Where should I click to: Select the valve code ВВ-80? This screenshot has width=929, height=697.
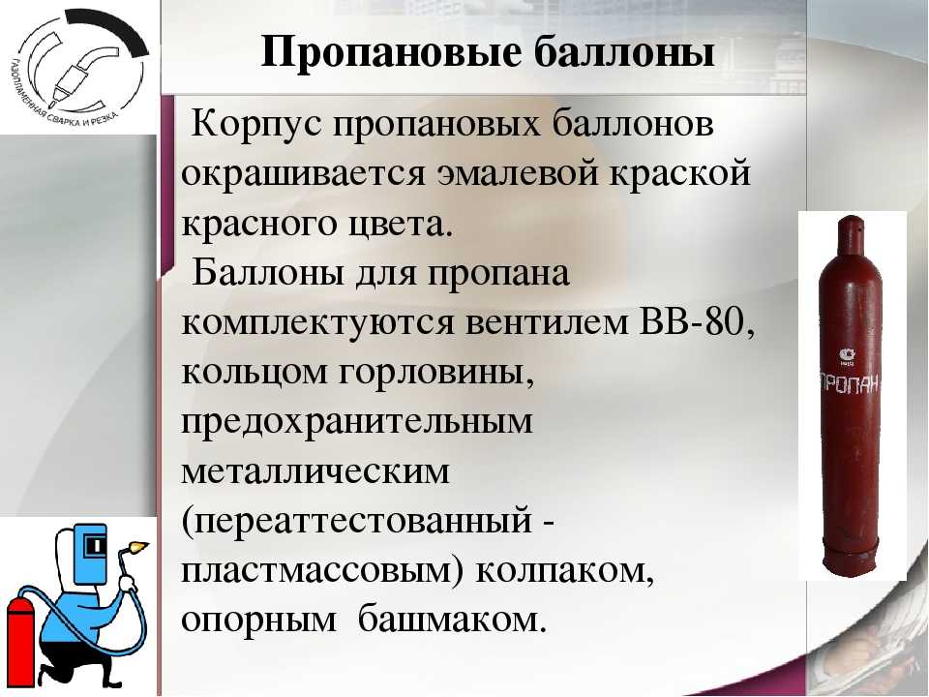[x=698, y=322]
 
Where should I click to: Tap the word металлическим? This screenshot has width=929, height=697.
[x=315, y=472]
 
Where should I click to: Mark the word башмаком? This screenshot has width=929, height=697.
[x=450, y=619]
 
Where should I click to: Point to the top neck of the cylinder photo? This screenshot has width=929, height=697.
[x=851, y=227]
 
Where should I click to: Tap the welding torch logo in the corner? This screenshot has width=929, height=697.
[x=78, y=67]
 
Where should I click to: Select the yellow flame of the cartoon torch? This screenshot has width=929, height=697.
[x=139, y=545]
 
